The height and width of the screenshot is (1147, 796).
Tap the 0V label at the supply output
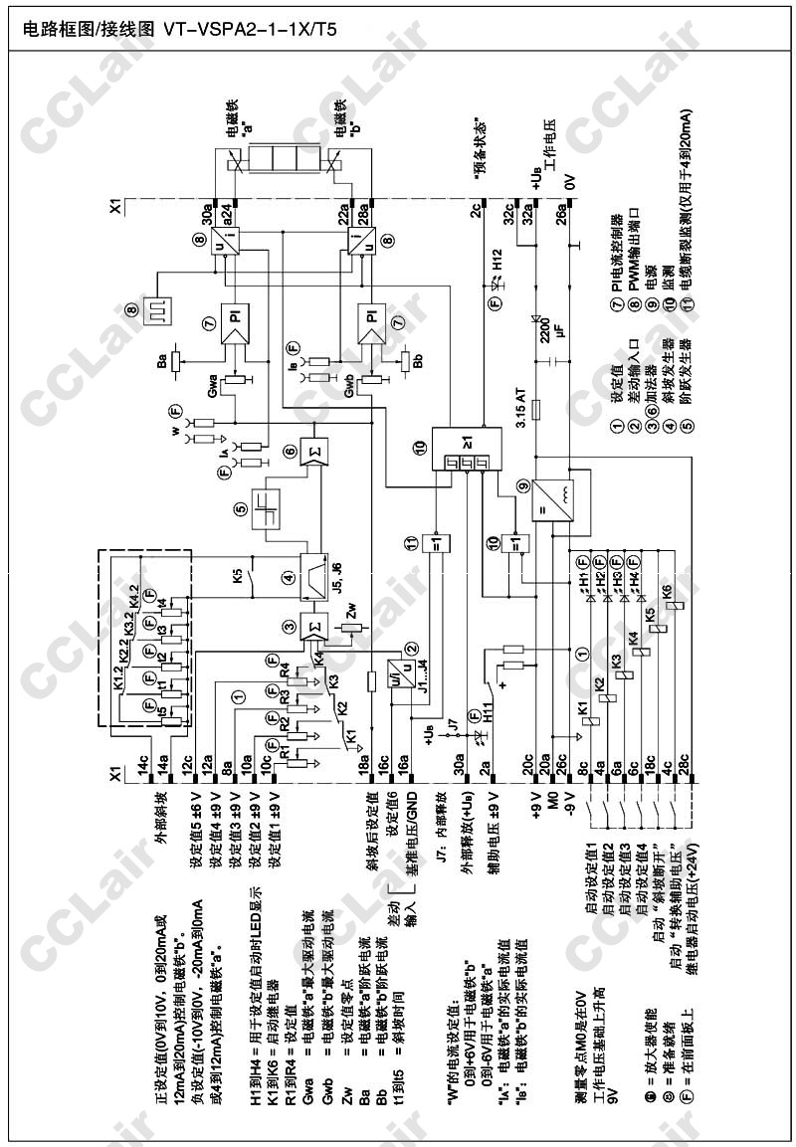pos(569,182)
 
